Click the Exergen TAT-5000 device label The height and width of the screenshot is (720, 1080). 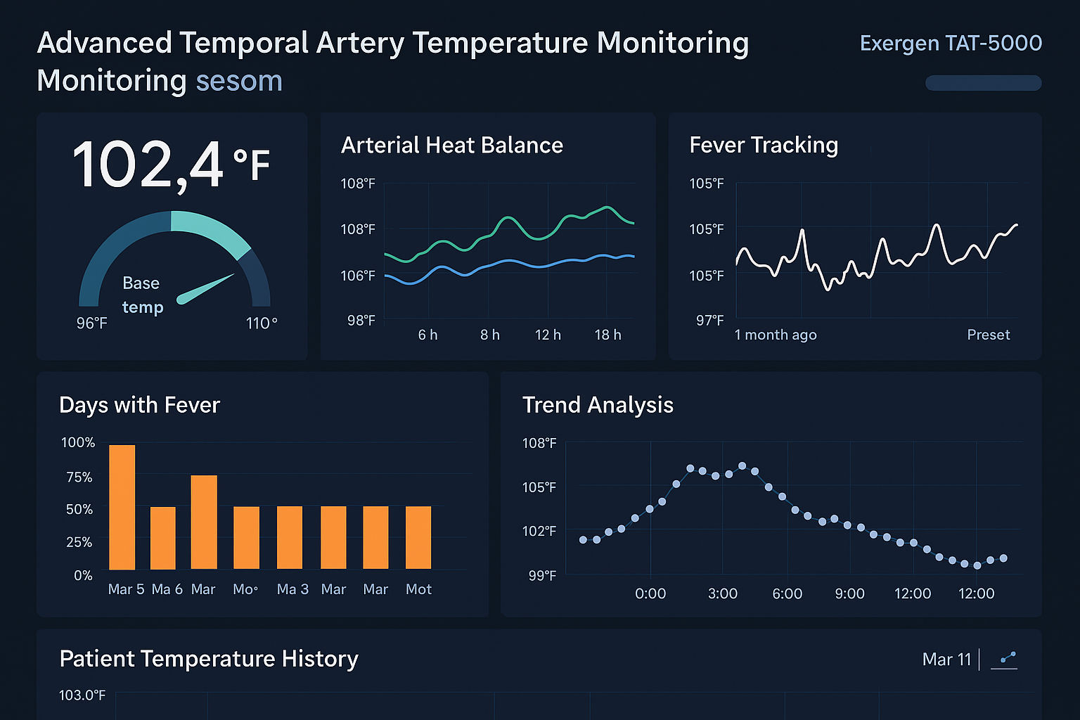pos(951,44)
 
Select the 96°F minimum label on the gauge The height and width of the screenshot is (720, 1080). pos(92,323)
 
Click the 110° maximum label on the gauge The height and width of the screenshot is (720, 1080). pos(262,323)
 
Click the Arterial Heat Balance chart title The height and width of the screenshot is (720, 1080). pos(451,146)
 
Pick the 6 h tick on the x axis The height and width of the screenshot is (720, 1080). pos(427,335)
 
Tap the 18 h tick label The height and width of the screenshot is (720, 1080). pos(607,335)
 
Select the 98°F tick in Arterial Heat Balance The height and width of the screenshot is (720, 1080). pos(361,321)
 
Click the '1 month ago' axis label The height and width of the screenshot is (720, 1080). pos(776,335)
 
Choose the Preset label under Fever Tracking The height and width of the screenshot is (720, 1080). pos(988,335)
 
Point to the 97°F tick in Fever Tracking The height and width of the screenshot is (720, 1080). pos(709,321)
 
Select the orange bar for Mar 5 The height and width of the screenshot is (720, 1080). pos(122,507)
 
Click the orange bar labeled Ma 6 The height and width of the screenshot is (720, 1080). pos(163,538)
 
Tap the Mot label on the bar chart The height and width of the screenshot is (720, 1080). pos(418,589)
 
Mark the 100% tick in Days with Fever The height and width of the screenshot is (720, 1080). pos(78,443)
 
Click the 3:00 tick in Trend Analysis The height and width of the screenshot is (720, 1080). pos(722,594)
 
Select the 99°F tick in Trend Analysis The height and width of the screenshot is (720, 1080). pos(542,576)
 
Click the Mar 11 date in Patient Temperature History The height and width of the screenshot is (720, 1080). pos(946,660)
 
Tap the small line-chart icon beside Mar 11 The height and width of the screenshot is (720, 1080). pos(1004,660)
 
